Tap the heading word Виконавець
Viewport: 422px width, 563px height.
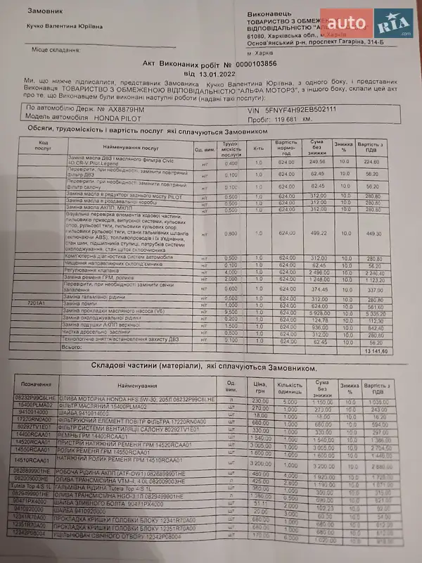click(269, 14)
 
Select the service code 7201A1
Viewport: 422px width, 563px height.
click(37, 301)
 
